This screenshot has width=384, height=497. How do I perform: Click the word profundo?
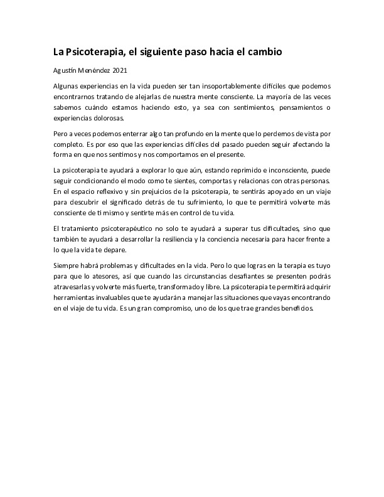click(188, 134)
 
